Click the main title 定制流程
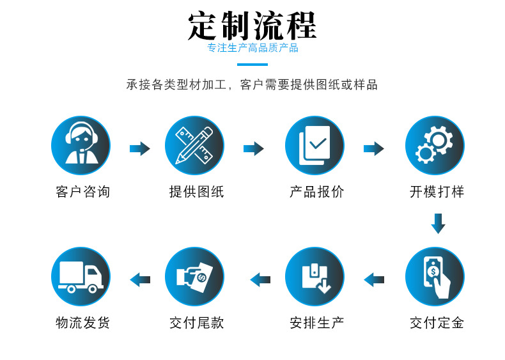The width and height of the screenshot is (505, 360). point(252,25)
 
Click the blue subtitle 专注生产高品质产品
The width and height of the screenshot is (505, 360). point(252,48)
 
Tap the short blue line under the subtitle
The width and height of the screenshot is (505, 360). point(252,64)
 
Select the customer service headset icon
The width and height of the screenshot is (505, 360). point(81,146)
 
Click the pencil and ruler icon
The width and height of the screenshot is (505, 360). point(194,146)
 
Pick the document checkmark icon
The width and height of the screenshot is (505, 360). point(315,146)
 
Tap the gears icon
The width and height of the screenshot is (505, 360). point(435,146)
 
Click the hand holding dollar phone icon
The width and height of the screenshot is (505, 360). point(435,277)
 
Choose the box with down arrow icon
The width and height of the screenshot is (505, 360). point(315,277)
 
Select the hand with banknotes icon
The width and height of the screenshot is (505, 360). point(194,277)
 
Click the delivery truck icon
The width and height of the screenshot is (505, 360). point(81,277)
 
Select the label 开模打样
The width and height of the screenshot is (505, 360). point(437,192)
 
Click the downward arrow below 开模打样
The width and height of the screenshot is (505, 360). point(438,223)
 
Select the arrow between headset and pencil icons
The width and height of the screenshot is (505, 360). point(139,149)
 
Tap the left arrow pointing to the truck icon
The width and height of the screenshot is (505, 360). point(139,279)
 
